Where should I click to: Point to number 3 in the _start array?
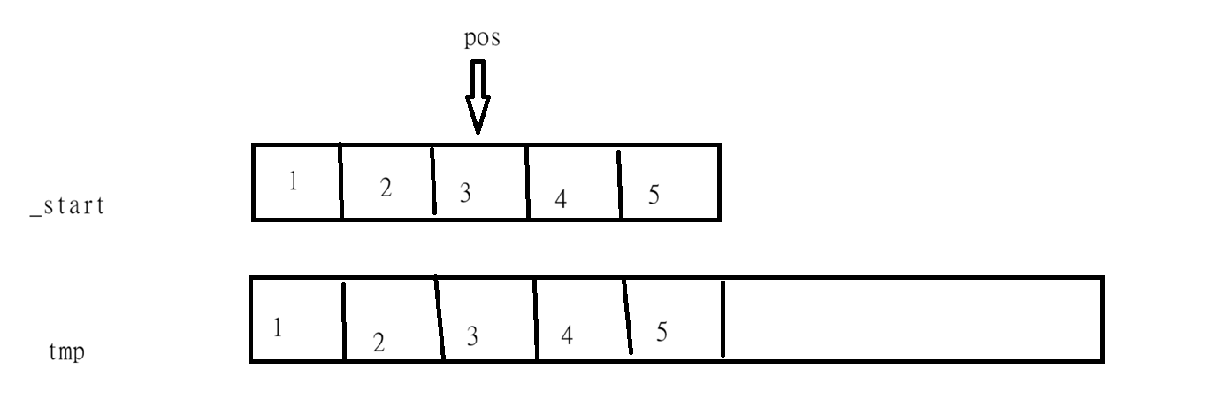tap(465, 191)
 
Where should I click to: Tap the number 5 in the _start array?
tap(654, 194)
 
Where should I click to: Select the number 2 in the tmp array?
tap(378, 343)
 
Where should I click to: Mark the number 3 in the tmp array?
tap(471, 336)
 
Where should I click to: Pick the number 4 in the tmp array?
tap(566, 337)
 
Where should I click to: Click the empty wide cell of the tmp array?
tap(911, 320)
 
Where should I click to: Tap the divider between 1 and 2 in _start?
tap(341, 181)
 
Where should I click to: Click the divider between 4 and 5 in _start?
tap(619, 184)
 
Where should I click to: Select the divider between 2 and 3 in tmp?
tap(439, 320)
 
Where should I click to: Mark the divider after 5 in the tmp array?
tap(723, 320)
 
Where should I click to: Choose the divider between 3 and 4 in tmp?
tap(536, 320)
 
